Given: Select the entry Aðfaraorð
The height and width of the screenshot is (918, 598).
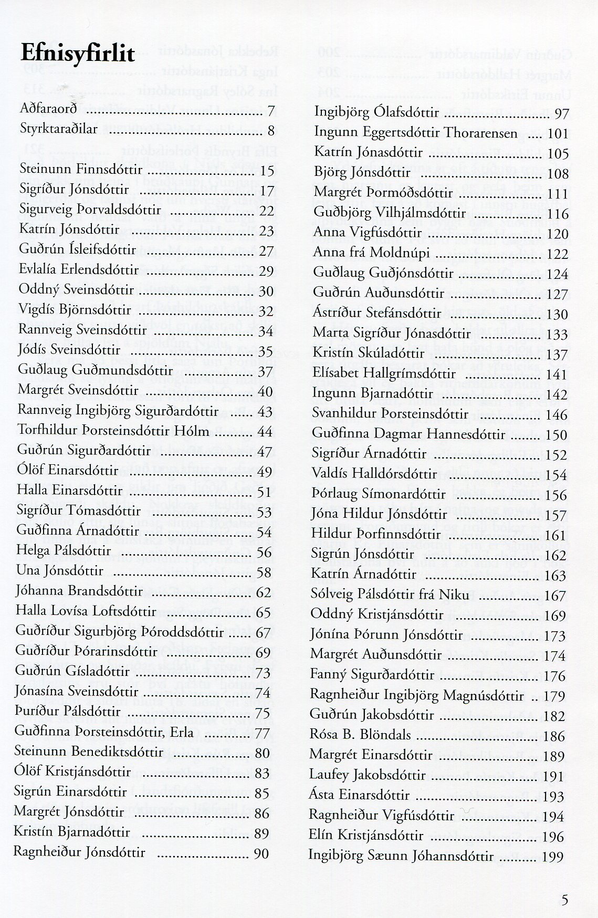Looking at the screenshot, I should point(48,110).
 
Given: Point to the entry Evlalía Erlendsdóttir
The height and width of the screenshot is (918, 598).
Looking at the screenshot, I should point(79,270).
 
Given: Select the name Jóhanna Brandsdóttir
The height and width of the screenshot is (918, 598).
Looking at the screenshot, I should point(79,591).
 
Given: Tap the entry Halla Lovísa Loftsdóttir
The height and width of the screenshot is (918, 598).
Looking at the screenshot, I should point(86,611).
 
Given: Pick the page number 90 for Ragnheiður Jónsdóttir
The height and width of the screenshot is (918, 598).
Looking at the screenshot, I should point(261,853).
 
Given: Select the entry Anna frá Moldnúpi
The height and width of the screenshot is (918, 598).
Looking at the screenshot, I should point(372,254).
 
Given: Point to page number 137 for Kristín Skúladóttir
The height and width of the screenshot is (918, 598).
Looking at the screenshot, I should point(557,355).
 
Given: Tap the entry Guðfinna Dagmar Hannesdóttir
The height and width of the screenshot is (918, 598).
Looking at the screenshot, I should point(408,434).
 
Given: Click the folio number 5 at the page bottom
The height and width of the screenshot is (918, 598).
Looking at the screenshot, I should point(565,900).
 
